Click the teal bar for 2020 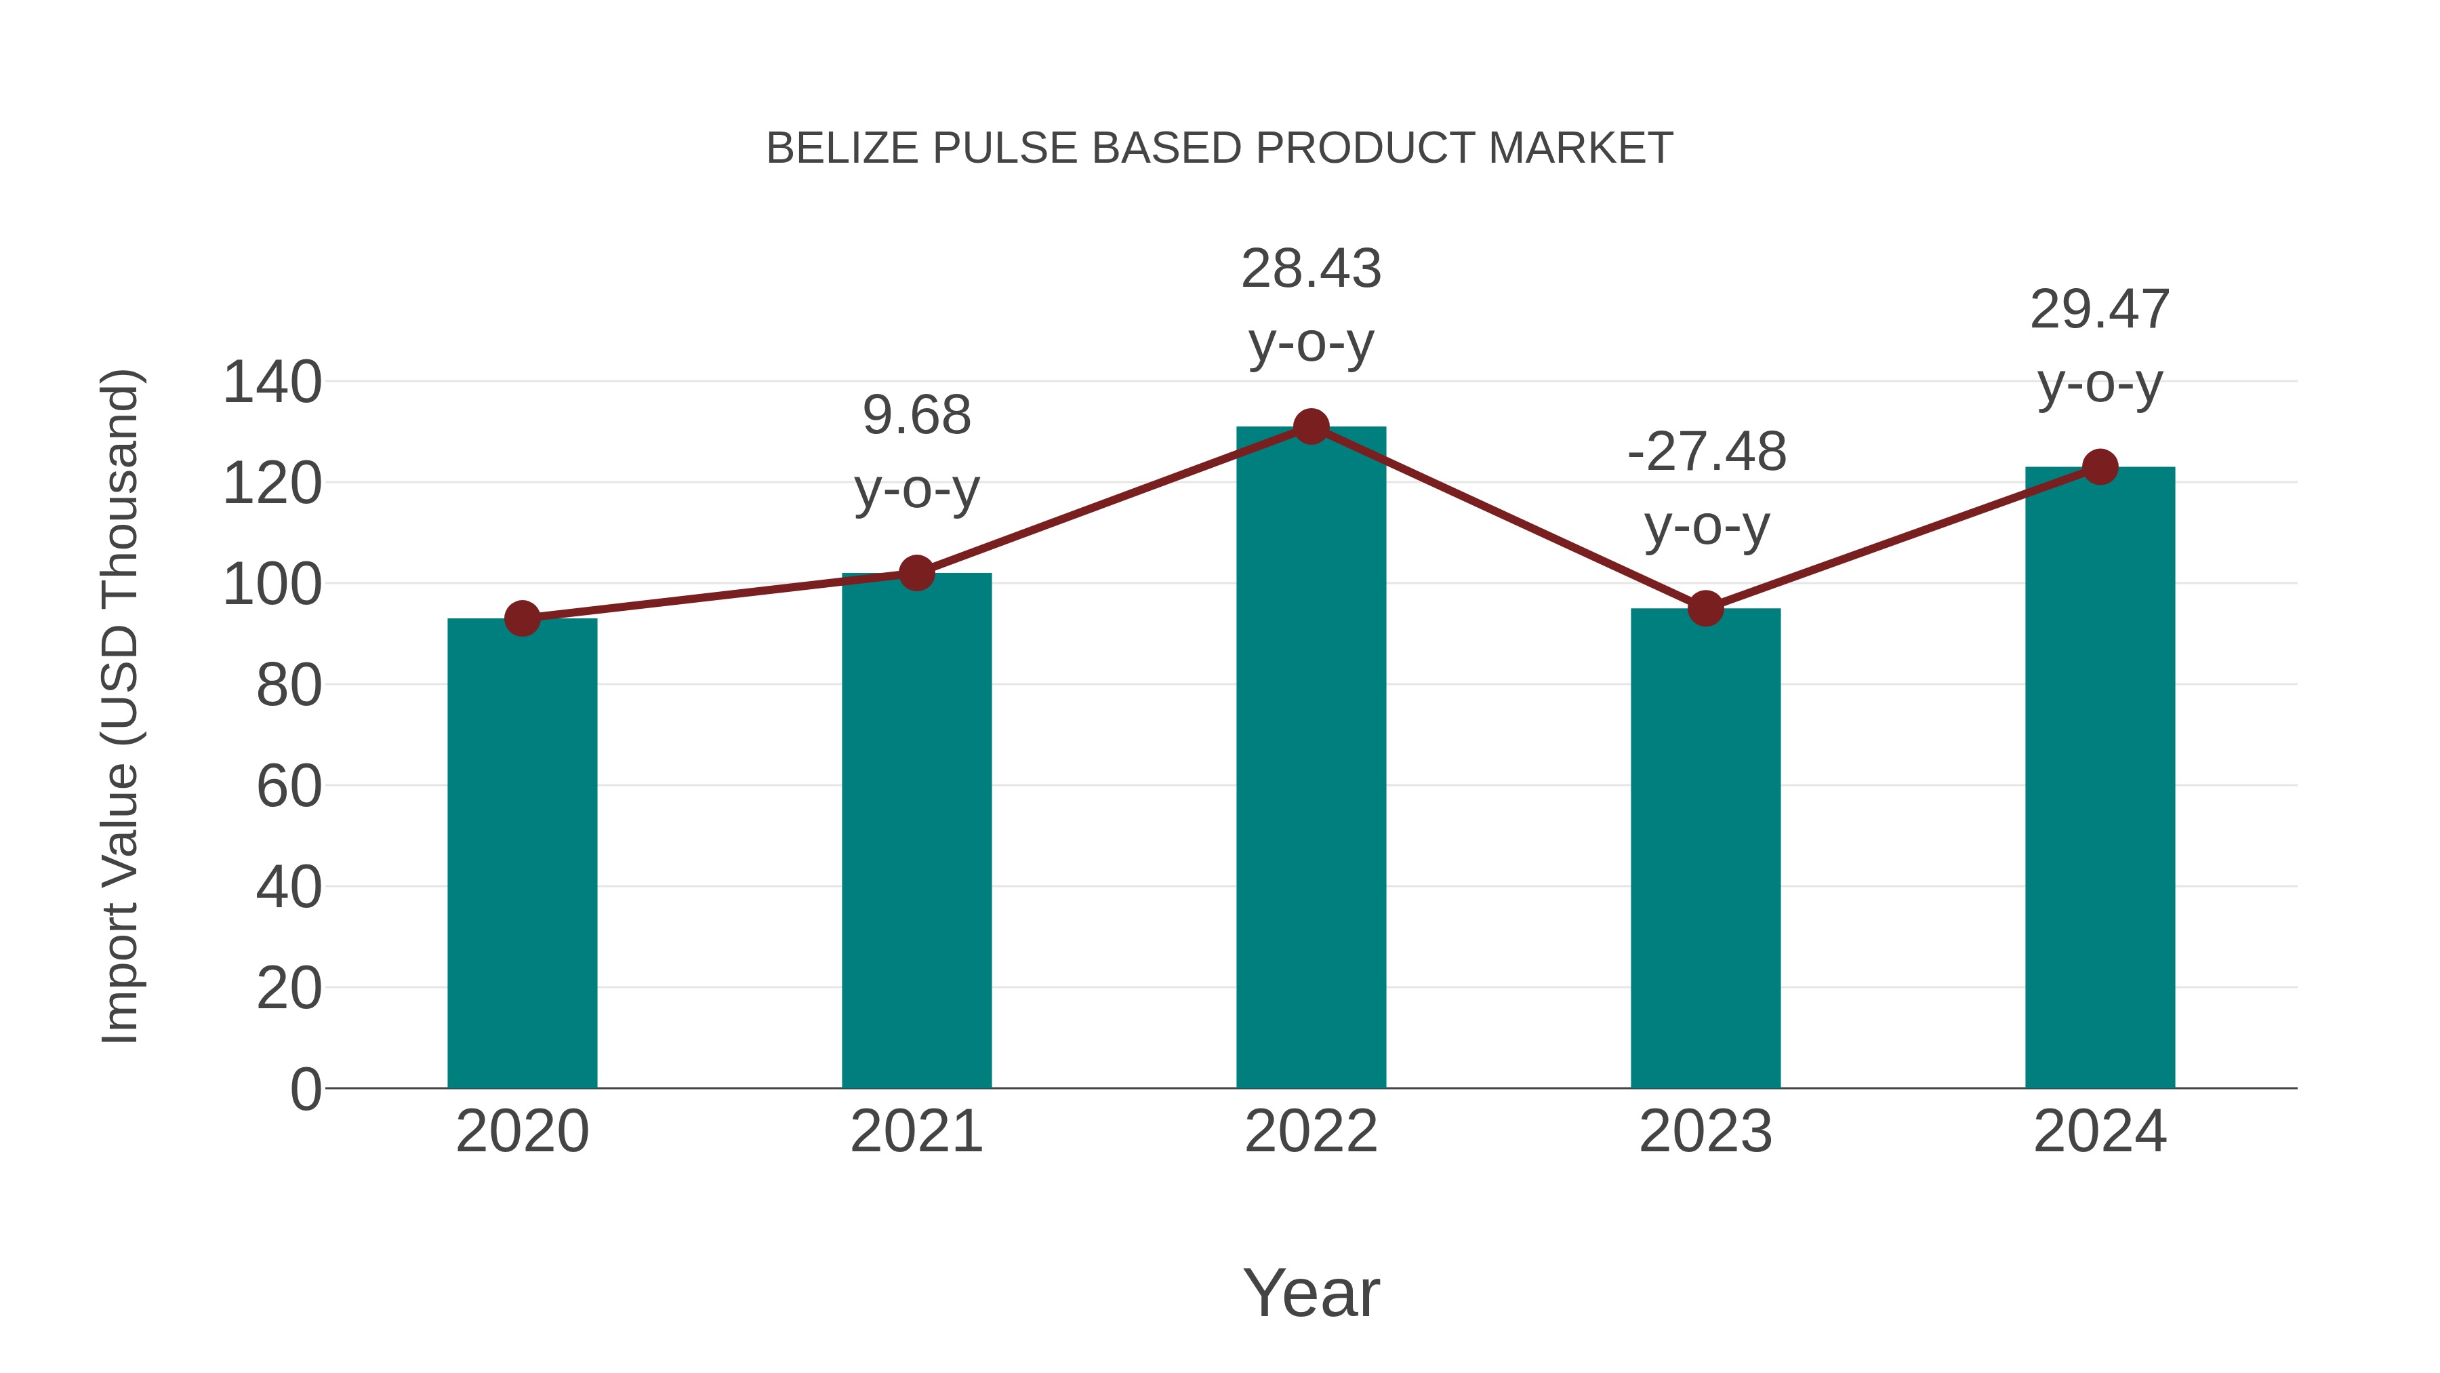point(522,853)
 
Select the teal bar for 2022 point(1311,758)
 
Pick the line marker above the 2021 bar point(916,573)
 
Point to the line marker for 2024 point(2100,467)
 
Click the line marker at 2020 point(522,619)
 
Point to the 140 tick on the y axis point(272,383)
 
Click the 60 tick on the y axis point(289,787)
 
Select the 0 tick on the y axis point(305,1090)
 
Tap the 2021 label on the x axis point(916,1132)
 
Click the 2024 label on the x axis point(2100,1132)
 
